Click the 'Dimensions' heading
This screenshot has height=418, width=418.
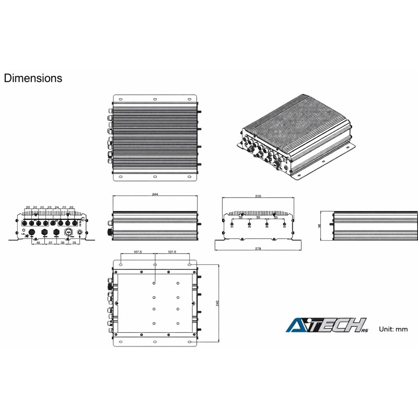33,78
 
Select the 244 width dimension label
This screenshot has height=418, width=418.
155,194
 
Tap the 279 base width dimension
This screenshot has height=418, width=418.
258,249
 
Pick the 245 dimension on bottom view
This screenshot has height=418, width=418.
217,304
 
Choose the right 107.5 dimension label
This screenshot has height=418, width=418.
172,252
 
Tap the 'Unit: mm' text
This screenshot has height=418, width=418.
393,329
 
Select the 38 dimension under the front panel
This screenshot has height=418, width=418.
62,243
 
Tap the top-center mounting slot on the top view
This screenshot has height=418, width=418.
155,99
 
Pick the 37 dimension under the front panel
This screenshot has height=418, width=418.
50,243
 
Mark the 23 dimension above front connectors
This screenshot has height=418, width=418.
49,207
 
